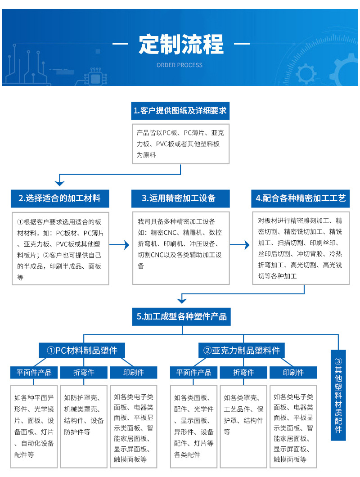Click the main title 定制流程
(x=180, y=45)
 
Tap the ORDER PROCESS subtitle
(x=180, y=65)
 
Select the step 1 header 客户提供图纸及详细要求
(x=180, y=110)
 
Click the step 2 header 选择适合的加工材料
(x=60, y=198)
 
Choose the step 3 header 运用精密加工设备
(x=180, y=198)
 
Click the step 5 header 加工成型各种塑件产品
(x=182, y=316)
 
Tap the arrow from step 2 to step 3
(x=120, y=245)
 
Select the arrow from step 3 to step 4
(x=241, y=245)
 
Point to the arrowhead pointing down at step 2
(x=60, y=182)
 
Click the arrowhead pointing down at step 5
(x=181, y=299)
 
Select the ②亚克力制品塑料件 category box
(x=242, y=350)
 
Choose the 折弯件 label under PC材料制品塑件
(x=84, y=372)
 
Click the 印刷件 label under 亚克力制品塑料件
(x=293, y=372)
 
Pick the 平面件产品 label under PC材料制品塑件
(x=34, y=372)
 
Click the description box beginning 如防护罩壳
(x=84, y=426)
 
